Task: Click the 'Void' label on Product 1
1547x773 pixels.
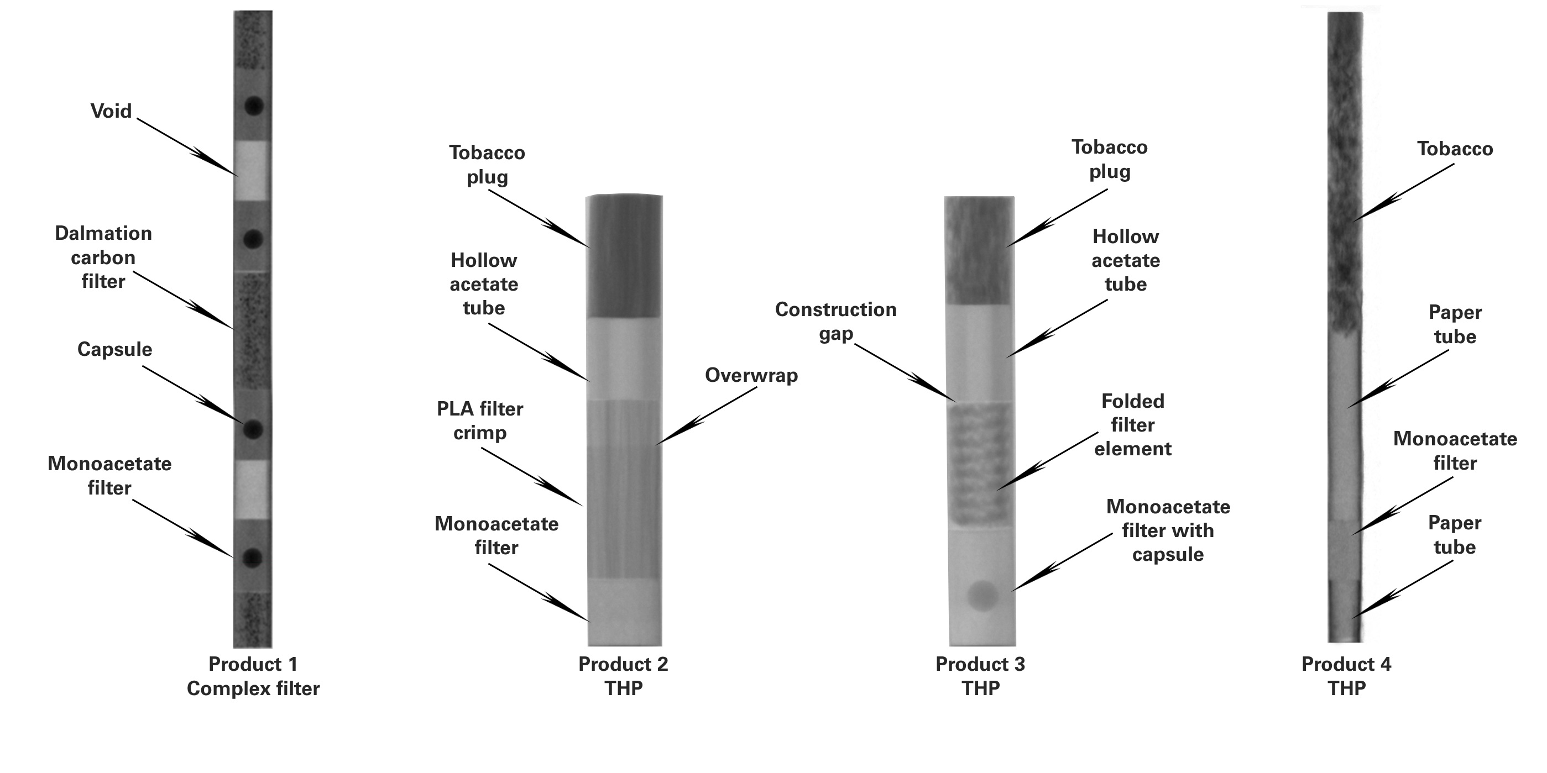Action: click(x=111, y=111)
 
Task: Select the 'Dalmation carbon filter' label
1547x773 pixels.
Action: click(x=103, y=257)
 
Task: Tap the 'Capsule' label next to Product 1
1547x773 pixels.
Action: click(x=114, y=349)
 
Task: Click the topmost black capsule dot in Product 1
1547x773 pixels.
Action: click(x=253, y=106)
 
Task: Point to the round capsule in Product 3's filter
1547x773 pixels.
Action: click(x=982, y=596)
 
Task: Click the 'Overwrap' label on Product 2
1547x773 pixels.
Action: click(x=751, y=375)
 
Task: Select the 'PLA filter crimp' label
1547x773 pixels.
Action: click(x=480, y=420)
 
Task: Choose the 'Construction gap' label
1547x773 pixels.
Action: click(x=835, y=321)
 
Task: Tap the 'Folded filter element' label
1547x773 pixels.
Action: click(x=1133, y=425)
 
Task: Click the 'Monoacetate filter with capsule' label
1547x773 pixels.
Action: click(x=1168, y=530)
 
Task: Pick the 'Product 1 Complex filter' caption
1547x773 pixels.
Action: click(x=253, y=676)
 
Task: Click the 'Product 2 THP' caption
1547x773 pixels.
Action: click(x=623, y=676)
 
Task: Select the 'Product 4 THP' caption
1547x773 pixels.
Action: click(x=1346, y=676)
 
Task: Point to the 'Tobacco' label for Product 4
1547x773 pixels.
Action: click(x=1455, y=149)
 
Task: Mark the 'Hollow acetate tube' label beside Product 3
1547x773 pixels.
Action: click(x=1126, y=260)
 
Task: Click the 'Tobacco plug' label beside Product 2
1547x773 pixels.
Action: click(x=487, y=165)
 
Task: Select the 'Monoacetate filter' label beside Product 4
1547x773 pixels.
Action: click(x=1455, y=451)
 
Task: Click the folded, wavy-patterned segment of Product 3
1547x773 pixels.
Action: click(x=981, y=465)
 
